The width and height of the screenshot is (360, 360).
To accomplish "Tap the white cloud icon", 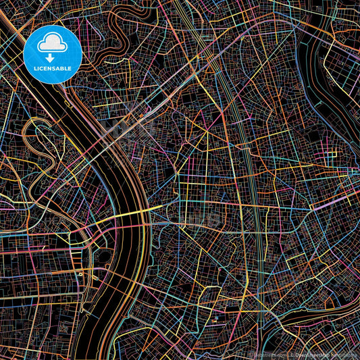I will [x=52, y=44].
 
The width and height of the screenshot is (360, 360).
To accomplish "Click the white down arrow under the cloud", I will [x=52, y=57].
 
